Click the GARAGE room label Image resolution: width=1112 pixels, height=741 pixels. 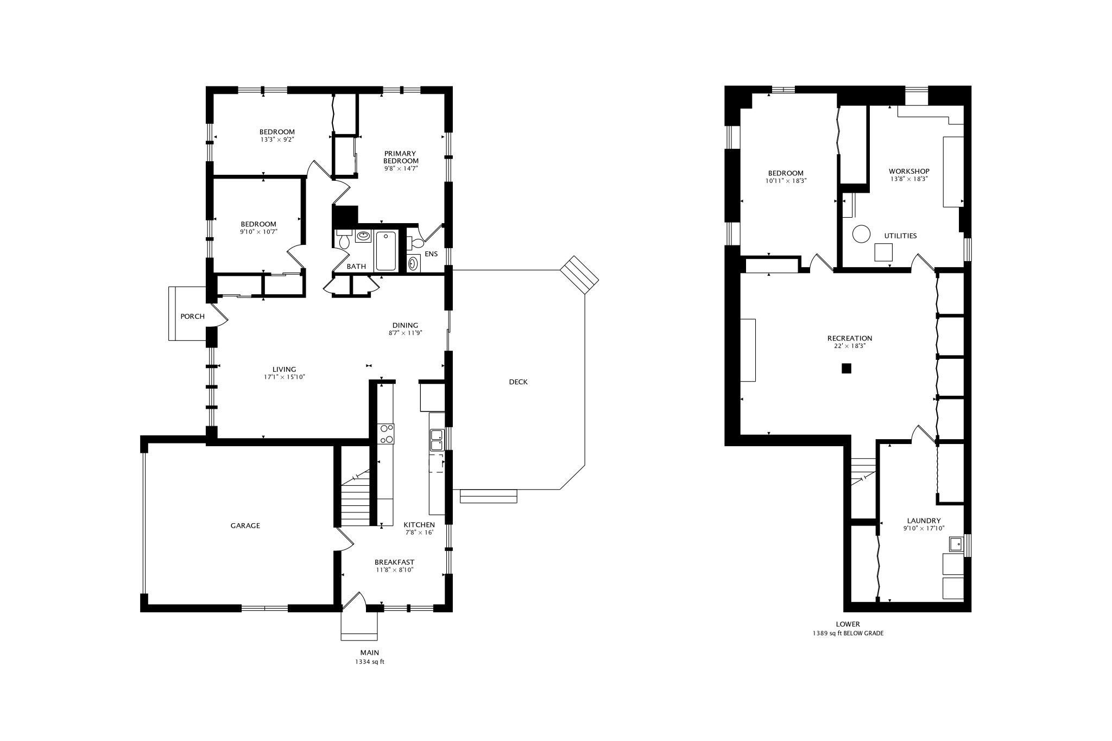tap(245, 525)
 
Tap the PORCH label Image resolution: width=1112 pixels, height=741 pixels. tap(192, 316)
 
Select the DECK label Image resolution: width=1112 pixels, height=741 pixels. tap(518, 382)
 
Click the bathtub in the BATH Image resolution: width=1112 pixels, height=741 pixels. tap(386, 250)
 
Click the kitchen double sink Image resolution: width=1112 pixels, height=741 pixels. tap(437, 440)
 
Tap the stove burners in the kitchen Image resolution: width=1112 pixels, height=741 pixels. tap(387, 434)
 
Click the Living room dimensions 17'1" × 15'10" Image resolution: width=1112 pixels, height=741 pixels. tap(285, 377)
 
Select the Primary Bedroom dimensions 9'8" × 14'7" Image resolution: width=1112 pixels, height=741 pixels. tap(401, 168)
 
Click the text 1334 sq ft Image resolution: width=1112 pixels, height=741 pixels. tap(369, 662)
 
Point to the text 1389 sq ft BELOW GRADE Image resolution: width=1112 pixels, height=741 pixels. tap(848, 634)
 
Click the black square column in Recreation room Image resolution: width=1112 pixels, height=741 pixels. tap(846, 369)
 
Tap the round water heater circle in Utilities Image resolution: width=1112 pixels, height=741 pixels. tap(861, 234)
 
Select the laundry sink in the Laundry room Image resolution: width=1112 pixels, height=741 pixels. tap(956, 544)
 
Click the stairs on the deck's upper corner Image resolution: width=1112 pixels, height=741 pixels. tap(579, 275)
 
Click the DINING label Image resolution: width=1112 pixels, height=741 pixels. tap(405, 326)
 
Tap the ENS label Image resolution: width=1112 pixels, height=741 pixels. tap(431, 254)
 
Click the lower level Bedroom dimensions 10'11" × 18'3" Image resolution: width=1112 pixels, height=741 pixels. tap(786, 181)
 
